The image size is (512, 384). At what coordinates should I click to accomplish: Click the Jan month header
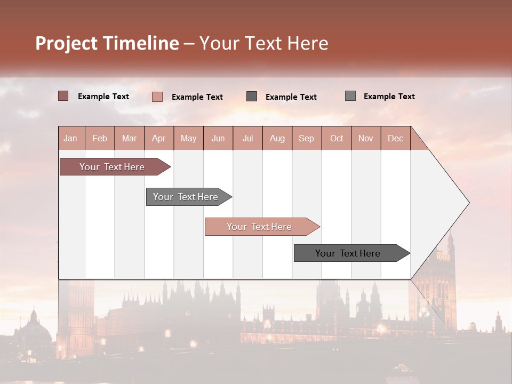[71, 138]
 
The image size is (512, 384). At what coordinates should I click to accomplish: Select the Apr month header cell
[159, 138]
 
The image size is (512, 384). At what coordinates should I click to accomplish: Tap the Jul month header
[248, 138]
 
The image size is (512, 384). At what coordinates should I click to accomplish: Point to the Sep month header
[307, 138]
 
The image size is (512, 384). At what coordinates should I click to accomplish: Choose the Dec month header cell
[396, 138]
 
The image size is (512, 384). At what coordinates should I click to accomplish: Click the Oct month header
[337, 138]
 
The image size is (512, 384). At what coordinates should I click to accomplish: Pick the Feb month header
[100, 138]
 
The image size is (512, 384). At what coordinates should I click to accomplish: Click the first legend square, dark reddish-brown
[63, 96]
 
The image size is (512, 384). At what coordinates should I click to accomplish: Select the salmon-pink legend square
[157, 97]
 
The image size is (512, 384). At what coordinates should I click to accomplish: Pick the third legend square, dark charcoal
[252, 96]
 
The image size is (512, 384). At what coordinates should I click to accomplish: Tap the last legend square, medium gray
[350, 95]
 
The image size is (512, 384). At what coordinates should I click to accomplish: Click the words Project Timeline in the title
[107, 43]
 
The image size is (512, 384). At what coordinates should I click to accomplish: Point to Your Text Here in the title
[264, 43]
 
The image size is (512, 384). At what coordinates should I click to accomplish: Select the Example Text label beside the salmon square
[197, 97]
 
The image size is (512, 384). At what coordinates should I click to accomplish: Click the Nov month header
[366, 138]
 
